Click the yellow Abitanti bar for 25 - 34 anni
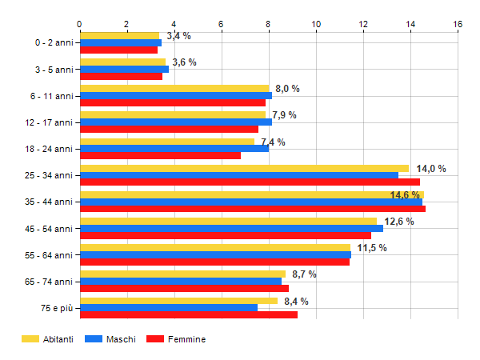(244, 169)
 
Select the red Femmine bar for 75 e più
(188, 314)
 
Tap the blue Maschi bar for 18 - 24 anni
(174, 148)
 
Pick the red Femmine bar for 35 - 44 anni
(252, 209)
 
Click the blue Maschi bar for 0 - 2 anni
(120, 42)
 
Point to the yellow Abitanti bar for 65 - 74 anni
(182, 274)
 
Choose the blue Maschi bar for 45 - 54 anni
(231, 228)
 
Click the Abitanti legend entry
(48, 339)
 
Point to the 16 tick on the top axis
(458, 24)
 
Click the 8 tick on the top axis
(269, 24)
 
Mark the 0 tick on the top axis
(80, 24)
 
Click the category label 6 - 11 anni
(50, 96)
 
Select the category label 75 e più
(53, 307)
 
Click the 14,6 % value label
(405, 195)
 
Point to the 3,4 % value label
(178, 36)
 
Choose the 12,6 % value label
(399, 222)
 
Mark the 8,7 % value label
(304, 274)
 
